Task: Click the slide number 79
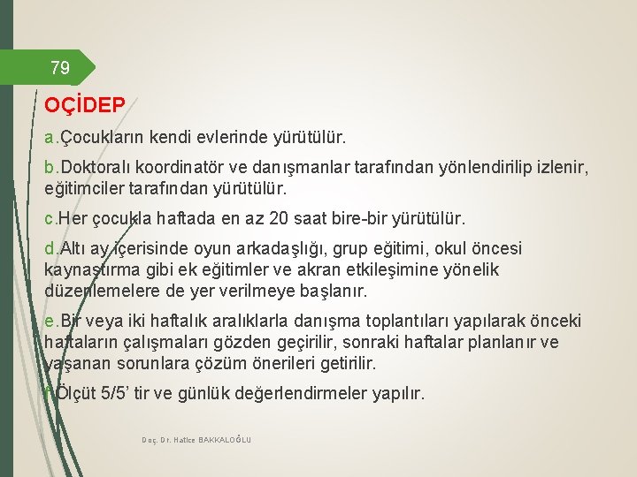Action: (x=60, y=67)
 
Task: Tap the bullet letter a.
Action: (x=49, y=139)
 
